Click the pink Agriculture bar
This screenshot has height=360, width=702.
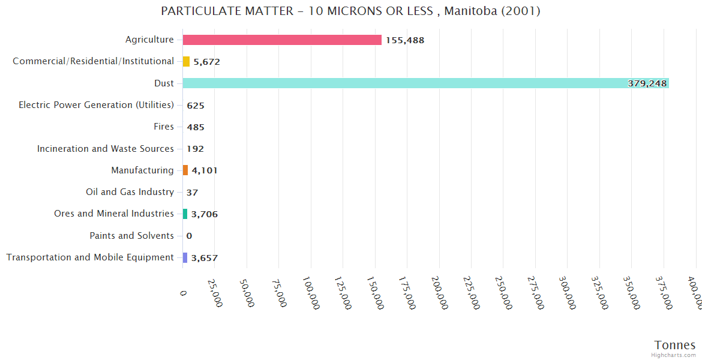pos(282,40)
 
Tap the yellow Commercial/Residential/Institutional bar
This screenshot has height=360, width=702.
pos(186,61)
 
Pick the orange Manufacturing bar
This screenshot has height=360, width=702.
pos(185,170)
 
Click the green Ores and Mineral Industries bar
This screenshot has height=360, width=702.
pos(185,214)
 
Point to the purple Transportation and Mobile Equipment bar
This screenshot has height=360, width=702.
pos(185,257)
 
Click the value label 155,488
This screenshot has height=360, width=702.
pos(405,40)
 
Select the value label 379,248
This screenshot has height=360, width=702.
pos(647,83)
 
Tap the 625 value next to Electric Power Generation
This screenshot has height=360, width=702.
pos(196,106)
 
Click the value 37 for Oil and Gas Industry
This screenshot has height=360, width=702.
pos(192,193)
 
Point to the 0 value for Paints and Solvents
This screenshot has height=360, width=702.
pos(189,236)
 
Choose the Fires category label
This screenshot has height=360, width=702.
pos(164,127)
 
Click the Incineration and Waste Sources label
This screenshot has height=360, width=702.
pos(106,148)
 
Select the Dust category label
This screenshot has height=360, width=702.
pos(164,83)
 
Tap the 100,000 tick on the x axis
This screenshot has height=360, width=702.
pos(310,292)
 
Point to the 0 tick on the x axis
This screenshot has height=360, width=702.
pos(183,292)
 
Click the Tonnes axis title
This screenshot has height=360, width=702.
pos(675,345)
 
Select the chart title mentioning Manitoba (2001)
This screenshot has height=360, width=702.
pos(351,11)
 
